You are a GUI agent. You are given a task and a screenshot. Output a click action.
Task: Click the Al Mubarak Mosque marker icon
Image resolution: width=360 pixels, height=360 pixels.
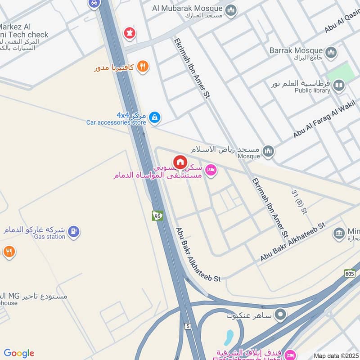[231, 10]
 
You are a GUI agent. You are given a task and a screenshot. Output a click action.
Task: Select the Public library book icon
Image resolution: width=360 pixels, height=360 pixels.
[339, 85]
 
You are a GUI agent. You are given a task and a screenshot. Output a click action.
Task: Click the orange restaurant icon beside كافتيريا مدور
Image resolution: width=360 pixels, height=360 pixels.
[143, 67]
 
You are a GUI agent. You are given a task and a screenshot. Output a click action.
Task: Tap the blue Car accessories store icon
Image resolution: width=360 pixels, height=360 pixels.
[155, 117]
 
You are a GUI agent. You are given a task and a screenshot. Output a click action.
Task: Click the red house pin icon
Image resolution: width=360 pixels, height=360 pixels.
[180, 162]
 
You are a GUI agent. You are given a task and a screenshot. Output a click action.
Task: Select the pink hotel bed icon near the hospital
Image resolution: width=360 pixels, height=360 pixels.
[210, 170]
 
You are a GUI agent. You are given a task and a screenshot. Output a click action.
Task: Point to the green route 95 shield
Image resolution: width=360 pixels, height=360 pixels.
[157, 216]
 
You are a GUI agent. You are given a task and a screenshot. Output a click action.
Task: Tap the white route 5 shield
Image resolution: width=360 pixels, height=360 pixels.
[187, 326]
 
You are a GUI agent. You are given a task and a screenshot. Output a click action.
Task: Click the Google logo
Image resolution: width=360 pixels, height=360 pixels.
[19, 353]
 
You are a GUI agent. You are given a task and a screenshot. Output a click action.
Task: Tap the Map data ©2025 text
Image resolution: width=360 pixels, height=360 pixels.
[336, 355]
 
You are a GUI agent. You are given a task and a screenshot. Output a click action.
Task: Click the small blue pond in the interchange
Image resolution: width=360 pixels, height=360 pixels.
[229, 337]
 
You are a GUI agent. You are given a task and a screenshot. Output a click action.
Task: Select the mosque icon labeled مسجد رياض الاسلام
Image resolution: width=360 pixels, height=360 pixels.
[268, 151]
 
